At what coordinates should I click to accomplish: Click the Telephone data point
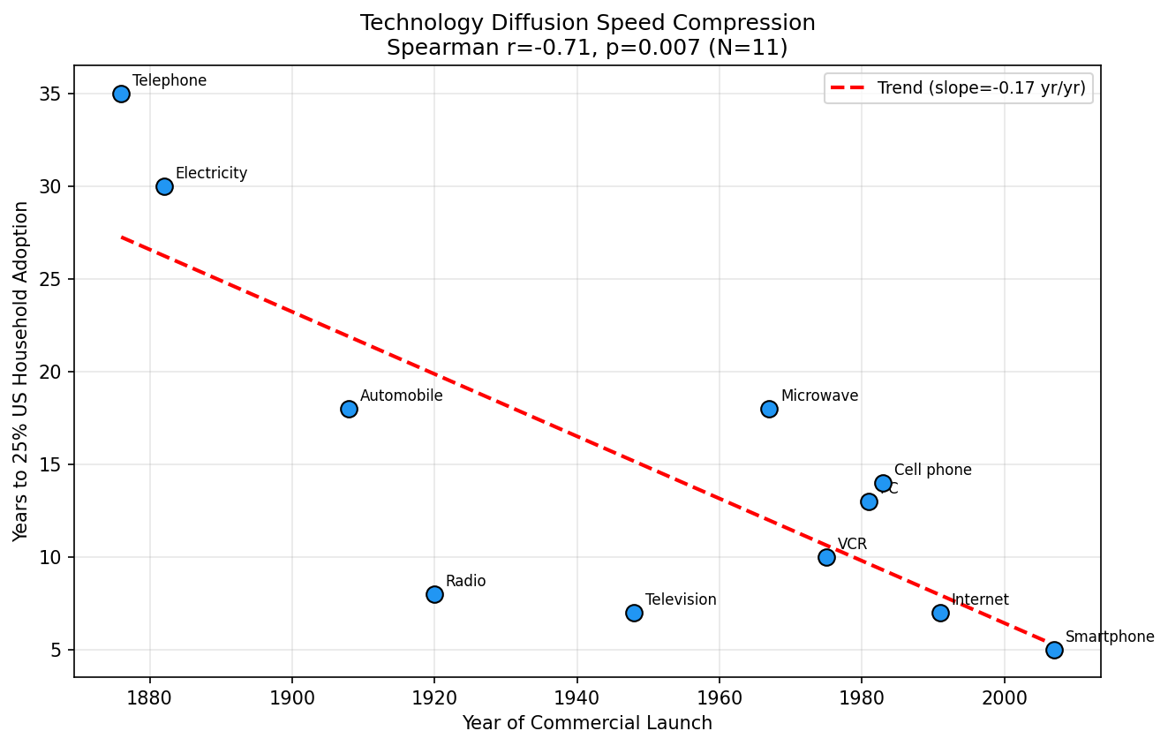click(121, 94)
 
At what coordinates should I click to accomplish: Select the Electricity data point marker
click(164, 186)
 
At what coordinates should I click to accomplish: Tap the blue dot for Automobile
click(349, 409)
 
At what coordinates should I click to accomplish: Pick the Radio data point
click(434, 594)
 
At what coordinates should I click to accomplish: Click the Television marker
click(634, 613)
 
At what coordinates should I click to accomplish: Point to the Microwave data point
click(769, 409)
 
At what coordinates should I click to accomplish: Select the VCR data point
click(826, 557)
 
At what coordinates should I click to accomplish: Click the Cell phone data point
click(883, 483)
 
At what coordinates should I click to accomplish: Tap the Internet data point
click(940, 613)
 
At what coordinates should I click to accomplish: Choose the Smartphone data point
click(1054, 650)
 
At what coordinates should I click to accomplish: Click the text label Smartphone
click(1109, 637)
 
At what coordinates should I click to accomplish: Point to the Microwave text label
click(819, 396)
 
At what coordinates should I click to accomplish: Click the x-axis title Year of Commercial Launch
click(587, 723)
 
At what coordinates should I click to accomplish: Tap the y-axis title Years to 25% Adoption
click(21, 371)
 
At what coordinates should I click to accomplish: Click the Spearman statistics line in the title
click(587, 47)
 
